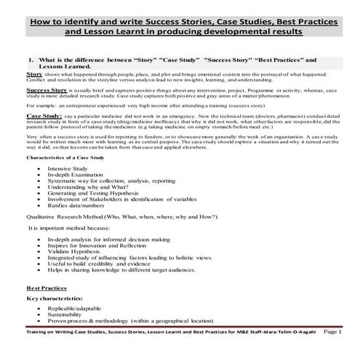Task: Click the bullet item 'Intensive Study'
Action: [67, 168]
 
